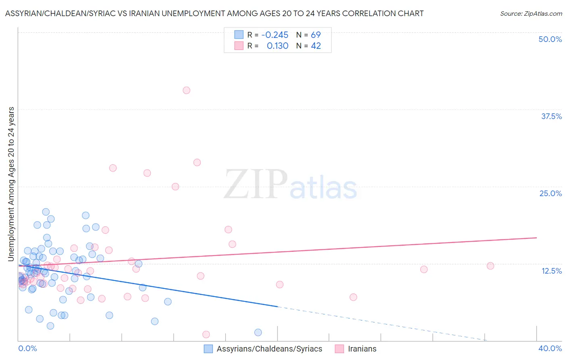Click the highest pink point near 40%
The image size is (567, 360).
pyautogui.click(x=186, y=90)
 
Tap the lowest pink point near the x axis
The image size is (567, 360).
pyautogui.click(x=206, y=334)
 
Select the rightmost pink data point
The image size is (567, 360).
pyautogui.click(x=490, y=266)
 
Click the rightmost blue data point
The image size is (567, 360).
pyautogui.click(x=258, y=333)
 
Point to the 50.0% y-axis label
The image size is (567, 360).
pyautogui.click(x=550, y=39)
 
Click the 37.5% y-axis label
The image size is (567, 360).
pyautogui.click(x=551, y=116)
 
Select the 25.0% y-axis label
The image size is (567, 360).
pyautogui.click(x=550, y=193)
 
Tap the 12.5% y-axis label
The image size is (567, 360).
pyautogui.click(x=551, y=271)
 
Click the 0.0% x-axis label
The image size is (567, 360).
pyautogui.click(x=27, y=348)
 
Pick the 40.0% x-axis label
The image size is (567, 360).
pyautogui.click(x=550, y=348)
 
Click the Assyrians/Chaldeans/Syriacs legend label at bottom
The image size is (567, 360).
pyautogui.click(x=269, y=349)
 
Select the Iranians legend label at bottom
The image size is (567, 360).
pyautogui.click(x=362, y=349)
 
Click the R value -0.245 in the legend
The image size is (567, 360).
pyautogui.click(x=275, y=35)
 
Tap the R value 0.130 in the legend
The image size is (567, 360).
pyautogui.click(x=277, y=46)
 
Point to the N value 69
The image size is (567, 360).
pyautogui.click(x=316, y=35)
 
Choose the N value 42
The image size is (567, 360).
pyautogui.click(x=316, y=46)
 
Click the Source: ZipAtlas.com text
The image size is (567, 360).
pyautogui.click(x=531, y=13)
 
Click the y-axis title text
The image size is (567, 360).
pyautogui.click(x=11, y=184)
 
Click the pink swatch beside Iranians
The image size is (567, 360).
pyautogui.click(x=339, y=349)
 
